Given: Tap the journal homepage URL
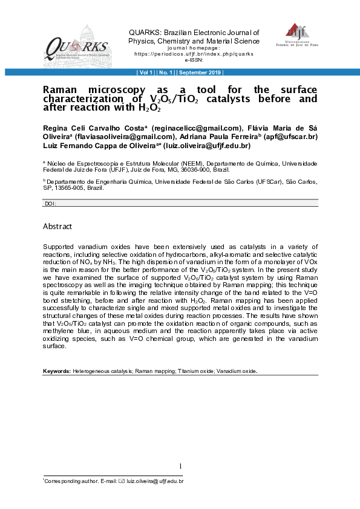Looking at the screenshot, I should coord(194,53).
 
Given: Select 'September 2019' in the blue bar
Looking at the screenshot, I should coord(200,73).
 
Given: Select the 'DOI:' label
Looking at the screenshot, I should coord(51,204).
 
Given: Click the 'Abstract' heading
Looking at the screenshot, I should coord(57,226).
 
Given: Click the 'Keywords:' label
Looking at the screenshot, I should coord(57,371).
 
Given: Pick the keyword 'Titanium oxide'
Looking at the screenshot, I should coord(197,371).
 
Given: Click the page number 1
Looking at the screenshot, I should coord(180,465).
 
